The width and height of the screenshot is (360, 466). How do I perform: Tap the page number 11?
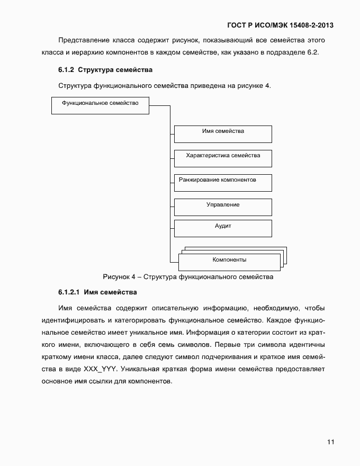[x=330, y=442]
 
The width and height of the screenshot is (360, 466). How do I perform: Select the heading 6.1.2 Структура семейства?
[x=105, y=69]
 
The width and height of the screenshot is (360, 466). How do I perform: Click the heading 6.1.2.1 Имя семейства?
[x=97, y=292]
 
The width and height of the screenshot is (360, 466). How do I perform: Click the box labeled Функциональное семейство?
[x=100, y=105]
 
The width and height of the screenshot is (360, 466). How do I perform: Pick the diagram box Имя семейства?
[x=223, y=134]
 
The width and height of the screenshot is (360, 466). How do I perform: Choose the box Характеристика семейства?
[x=223, y=158]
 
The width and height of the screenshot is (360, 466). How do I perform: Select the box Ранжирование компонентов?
[x=223, y=183]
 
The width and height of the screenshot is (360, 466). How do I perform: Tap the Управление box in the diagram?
[x=223, y=207]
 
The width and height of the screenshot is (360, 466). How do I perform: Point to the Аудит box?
[x=223, y=228]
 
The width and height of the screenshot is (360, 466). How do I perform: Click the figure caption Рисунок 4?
[x=187, y=276]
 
